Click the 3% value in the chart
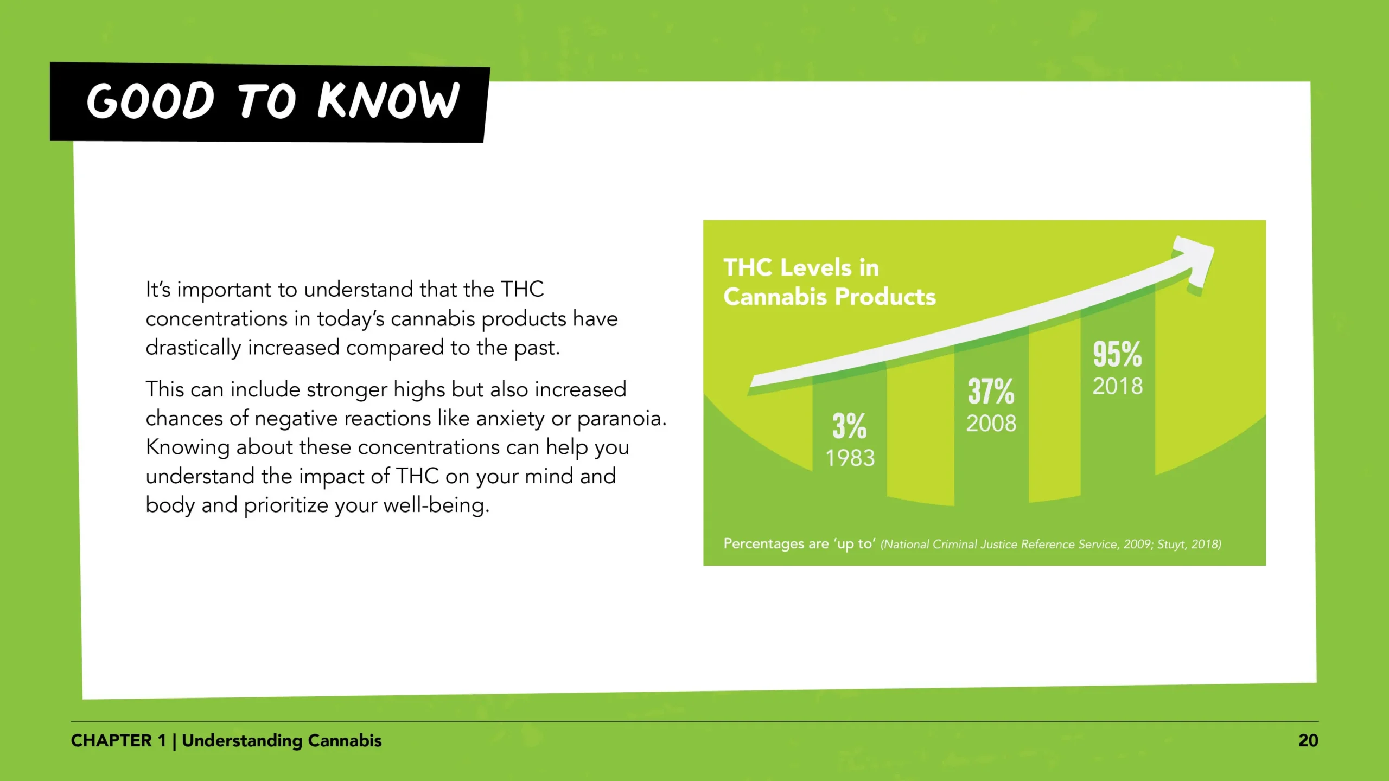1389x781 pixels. click(x=850, y=426)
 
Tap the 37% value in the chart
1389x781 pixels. click(x=991, y=391)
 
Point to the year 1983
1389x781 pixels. click(x=850, y=458)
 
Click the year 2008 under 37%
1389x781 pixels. click(x=991, y=424)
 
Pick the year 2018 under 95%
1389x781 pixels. click(x=1118, y=387)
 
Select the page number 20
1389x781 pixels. click(x=1308, y=741)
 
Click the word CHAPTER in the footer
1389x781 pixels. click(x=111, y=741)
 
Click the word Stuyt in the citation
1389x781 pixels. click(x=1172, y=545)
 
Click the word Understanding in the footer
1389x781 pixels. click(x=243, y=741)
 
